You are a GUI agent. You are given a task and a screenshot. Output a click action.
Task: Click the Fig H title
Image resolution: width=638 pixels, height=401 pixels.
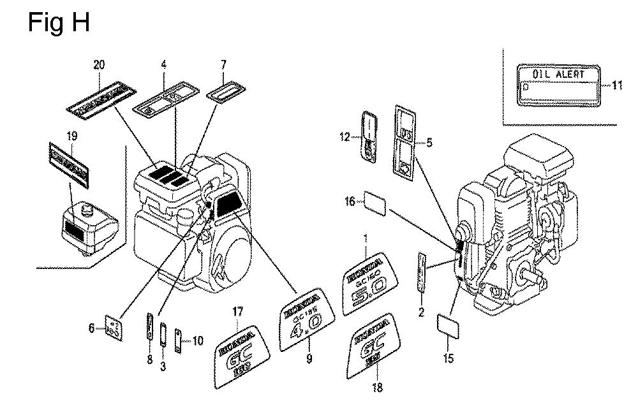pos(59,22)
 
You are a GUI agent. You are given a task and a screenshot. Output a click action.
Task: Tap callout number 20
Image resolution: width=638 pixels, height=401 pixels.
pos(99,64)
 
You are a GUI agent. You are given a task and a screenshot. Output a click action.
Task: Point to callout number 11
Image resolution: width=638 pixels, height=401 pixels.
pos(616,85)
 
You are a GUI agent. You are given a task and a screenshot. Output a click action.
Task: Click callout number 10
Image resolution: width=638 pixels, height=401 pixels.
pos(198,341)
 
